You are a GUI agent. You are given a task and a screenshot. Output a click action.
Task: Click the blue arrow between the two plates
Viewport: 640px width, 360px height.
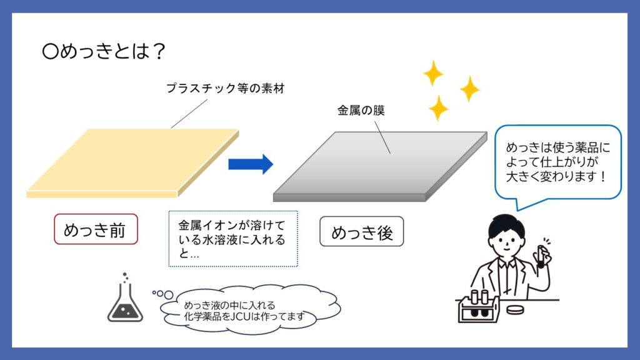click(x=251, y=164)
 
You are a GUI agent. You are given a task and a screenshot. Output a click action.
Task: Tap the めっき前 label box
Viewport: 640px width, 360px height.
click(x=96, y=229)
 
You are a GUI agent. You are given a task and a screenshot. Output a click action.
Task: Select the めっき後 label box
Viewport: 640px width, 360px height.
click(x=362, y=231)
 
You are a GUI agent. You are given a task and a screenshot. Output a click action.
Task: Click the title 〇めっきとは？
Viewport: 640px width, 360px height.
click(x=104, y=52)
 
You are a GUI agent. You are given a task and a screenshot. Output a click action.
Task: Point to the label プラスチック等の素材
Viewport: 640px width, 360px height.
click(x=225, y=88)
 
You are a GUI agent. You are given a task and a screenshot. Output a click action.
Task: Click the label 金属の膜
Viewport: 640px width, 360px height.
click(x=361, y=110)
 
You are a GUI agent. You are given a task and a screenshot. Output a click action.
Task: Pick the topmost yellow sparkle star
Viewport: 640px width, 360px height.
click(x=433, y=73)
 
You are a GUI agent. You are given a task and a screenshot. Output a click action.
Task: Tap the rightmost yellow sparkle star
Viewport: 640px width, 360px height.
click(x=470, y=89)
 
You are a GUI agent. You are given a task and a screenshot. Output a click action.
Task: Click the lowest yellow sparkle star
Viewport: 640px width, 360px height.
click(x=438, y=108)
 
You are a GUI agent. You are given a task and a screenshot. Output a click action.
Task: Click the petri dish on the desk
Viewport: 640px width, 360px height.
click(x=515, y=309)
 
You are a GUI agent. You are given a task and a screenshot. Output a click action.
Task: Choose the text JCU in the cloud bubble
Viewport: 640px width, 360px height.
click(x=241, y=316)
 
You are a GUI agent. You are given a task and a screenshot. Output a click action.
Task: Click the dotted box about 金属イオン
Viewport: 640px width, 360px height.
click(x=233, y=239)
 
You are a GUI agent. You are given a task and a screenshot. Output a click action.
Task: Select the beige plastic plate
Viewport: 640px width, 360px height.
click(x=132, y=163)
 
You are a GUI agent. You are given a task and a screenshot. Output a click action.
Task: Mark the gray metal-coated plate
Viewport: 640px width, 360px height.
click(x=380, y=166)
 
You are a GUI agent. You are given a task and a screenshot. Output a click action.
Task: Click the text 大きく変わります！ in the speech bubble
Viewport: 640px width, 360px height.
click(x=556, y=177)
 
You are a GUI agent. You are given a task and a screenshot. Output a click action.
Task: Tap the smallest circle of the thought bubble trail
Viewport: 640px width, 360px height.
click(x=154, y=292)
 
